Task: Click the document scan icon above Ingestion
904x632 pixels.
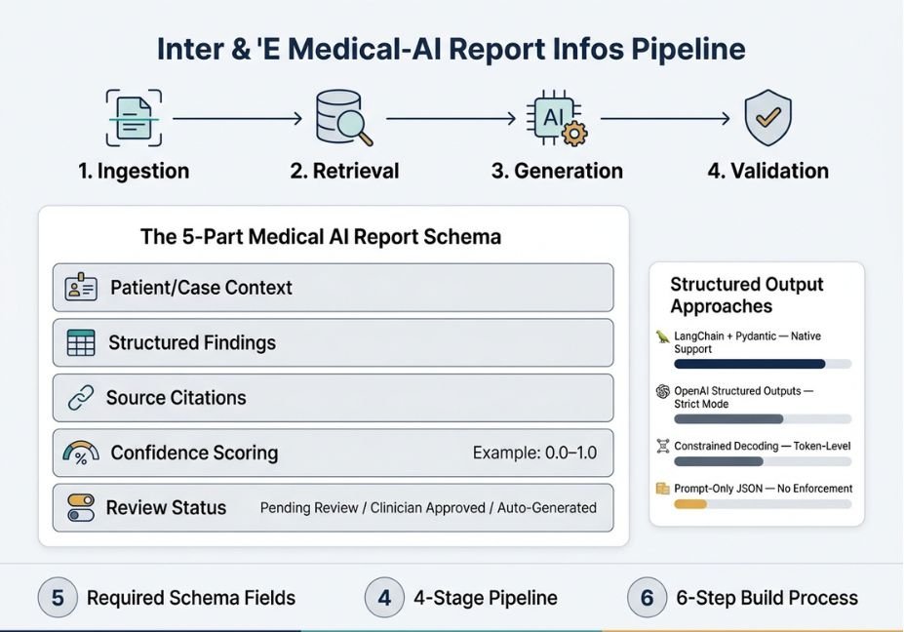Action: (134, 118)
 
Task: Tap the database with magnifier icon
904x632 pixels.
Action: (343, 118)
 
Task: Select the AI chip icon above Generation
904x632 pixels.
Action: (557, 118)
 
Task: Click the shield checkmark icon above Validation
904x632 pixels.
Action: (767, 118)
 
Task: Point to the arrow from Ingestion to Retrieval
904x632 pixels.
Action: (238, 119)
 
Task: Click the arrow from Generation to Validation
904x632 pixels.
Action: (665, 119)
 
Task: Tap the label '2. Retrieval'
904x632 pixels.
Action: (344, 171)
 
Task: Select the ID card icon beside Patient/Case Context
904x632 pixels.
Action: (81, 286)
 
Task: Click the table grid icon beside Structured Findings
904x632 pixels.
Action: (81, 342)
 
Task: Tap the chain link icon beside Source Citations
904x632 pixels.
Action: (81, 398)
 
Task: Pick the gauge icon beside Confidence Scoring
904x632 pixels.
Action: (81, 454)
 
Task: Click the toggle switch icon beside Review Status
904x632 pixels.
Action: (81, 507)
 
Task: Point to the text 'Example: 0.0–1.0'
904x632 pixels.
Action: (534, 453)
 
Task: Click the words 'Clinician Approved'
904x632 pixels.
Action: (427, 508)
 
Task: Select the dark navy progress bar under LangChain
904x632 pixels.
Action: (750, 364)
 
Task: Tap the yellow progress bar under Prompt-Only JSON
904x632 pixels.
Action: (690, 504)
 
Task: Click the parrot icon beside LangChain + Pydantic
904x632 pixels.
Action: (663, 336)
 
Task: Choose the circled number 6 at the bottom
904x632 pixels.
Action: (647, 598)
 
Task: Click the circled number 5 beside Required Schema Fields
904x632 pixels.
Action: (58, 598)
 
